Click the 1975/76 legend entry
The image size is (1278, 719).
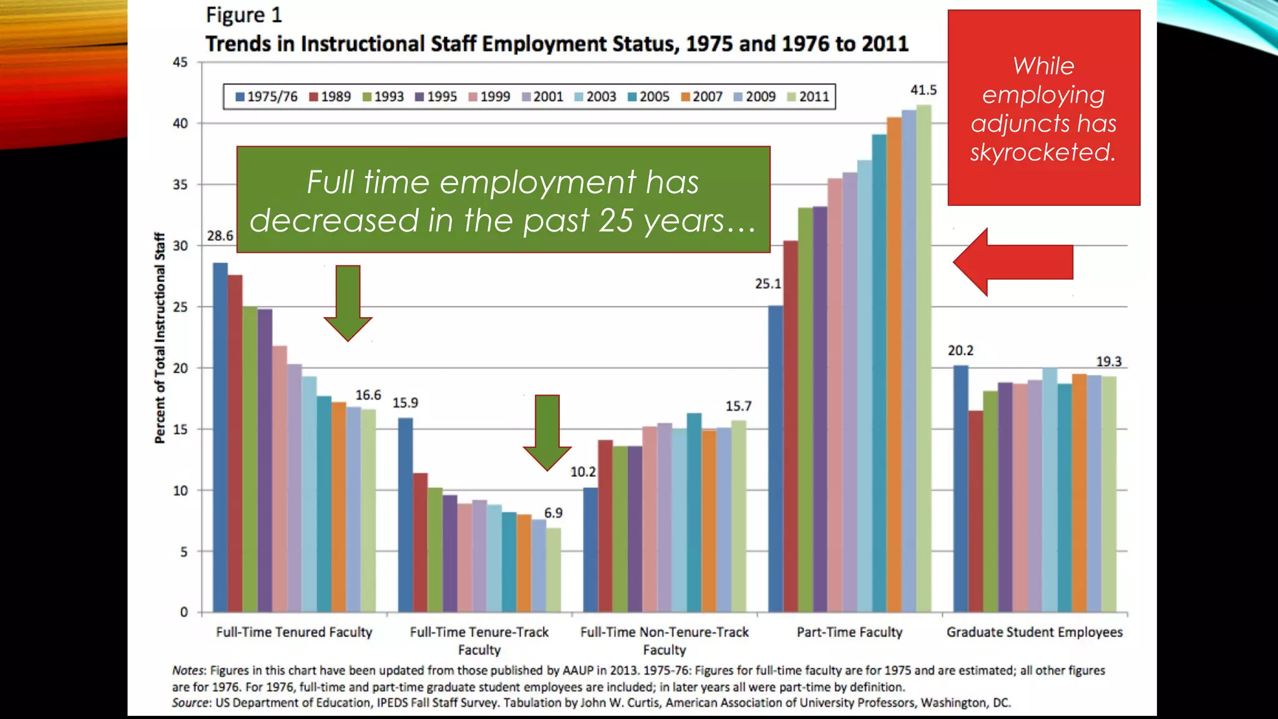(x=266, y=97)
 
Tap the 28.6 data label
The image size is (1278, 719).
(x=220, y=236)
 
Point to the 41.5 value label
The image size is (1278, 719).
(x=924, y=90)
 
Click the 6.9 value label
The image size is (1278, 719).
(x=553, y=513)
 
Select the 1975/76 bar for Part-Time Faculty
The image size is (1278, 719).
(x=775, y=459)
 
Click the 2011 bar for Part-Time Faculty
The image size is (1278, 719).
(x=924, y=359)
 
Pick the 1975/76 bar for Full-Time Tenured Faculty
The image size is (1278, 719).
(x=220, y=437)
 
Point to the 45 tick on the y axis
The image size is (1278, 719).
(x=180, y=62)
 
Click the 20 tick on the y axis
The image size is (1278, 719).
(x=180, y=368)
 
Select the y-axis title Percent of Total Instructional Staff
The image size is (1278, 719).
(x=160, y=338)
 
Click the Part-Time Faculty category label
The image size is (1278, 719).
(x=849, y=632)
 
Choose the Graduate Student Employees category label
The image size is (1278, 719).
(x=1034, y=632)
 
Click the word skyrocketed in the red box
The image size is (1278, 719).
(x=1042, y=152)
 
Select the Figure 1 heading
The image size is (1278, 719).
(x=244, y=15)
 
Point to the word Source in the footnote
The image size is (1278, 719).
(x=191, y=703)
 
